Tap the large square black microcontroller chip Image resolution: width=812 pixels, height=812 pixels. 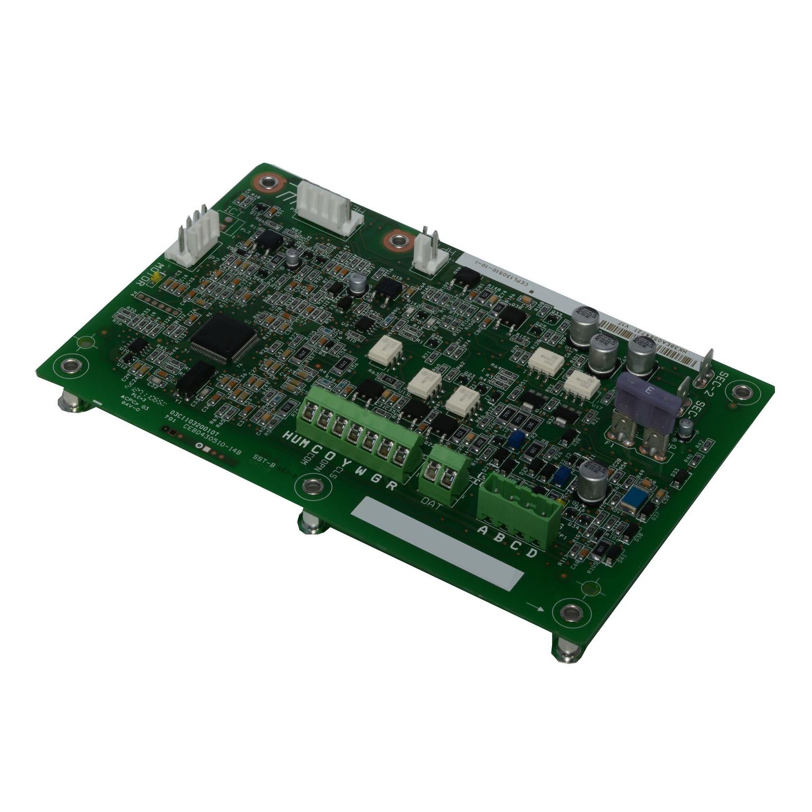[x=223, y=337]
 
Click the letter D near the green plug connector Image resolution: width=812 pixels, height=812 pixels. [x=532, y=553]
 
